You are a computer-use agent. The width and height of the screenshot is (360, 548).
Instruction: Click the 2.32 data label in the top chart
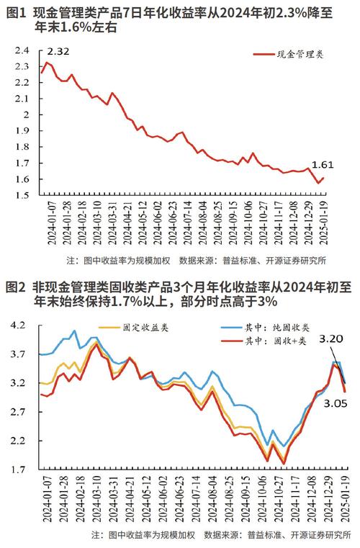tap(59, 52)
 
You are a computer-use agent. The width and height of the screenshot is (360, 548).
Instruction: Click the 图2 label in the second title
tap(16, 286)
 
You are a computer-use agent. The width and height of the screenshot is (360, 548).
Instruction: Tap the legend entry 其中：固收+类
tap(276, 341)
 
